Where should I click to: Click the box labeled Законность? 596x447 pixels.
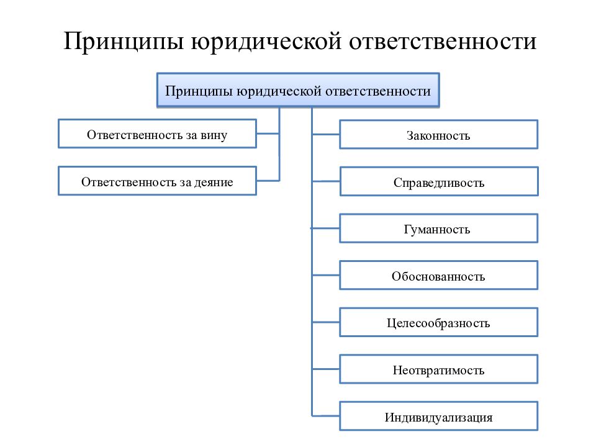pos(439,134)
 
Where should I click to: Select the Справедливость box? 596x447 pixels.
pos(439,181)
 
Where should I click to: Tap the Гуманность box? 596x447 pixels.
pos(439,228)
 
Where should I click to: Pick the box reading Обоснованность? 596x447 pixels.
pos(439,275)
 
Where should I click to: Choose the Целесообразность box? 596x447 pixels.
pos(439,322)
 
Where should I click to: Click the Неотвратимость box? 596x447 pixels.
pos(439,369)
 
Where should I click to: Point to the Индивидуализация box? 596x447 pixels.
pos(439,416)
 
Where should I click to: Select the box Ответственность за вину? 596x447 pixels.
pos(157,134)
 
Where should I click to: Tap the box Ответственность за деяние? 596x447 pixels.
pos(157,181)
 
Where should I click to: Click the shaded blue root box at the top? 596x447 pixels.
pos(298,91)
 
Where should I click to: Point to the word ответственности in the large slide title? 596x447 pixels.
pos(443,42)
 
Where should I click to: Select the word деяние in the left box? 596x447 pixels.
pos(214,183)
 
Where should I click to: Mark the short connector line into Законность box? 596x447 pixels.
pos(326,134)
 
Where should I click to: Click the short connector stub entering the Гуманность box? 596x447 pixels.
pos(326,228)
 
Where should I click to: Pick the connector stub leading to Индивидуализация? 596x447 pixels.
pos(326,416)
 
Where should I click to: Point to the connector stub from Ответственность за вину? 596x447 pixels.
pos(268,133)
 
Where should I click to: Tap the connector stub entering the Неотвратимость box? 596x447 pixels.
pos(326,369)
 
